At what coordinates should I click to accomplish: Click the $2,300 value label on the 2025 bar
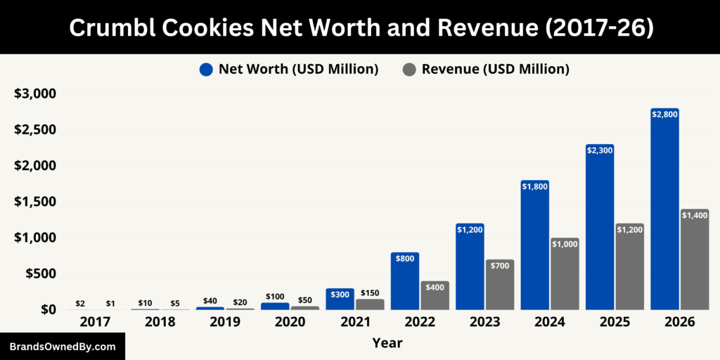coord(600,150)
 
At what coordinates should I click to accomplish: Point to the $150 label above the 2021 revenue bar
coord(370,293)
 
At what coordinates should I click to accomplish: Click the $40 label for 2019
coord(210,301)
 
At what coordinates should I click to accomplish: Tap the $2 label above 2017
coord(80,303)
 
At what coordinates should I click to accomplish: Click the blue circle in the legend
coord(206,69)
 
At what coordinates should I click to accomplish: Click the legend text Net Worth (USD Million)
coord(298,69)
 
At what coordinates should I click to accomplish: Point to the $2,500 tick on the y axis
coord(36,130)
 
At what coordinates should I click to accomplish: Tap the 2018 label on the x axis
coord(160,322)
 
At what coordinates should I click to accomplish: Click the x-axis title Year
coord(386,343)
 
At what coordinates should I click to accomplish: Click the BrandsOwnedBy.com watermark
coord(63,347)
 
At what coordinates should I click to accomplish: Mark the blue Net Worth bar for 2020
coord(275,306)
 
